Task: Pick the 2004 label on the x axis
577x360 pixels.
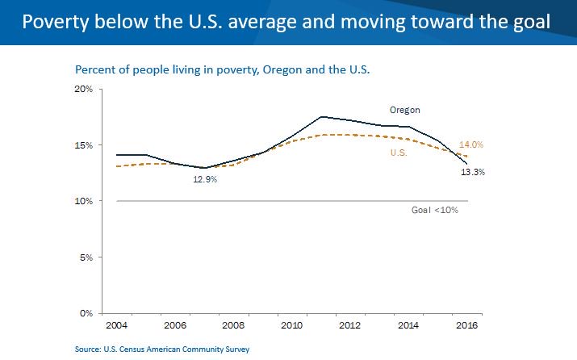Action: pyautogui.click(x=116, y=325)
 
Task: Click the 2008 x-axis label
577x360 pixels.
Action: pyautogui.click(x=233, y=325)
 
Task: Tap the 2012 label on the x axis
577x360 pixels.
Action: pyautogui.click(x=349, y=325)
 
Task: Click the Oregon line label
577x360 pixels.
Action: pyautogui.click(x=405, y=110)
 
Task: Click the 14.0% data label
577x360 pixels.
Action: pyautogui.click(x=470, y=144)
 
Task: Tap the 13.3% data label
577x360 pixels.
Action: pyautogui.click(x=473, y=172)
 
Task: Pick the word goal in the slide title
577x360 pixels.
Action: pyautogui.click(x=529, y=22)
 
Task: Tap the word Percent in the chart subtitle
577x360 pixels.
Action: pyautogui.click(x=94, y=70)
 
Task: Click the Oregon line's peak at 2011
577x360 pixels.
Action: pyautogui.click(x=320, y=116)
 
